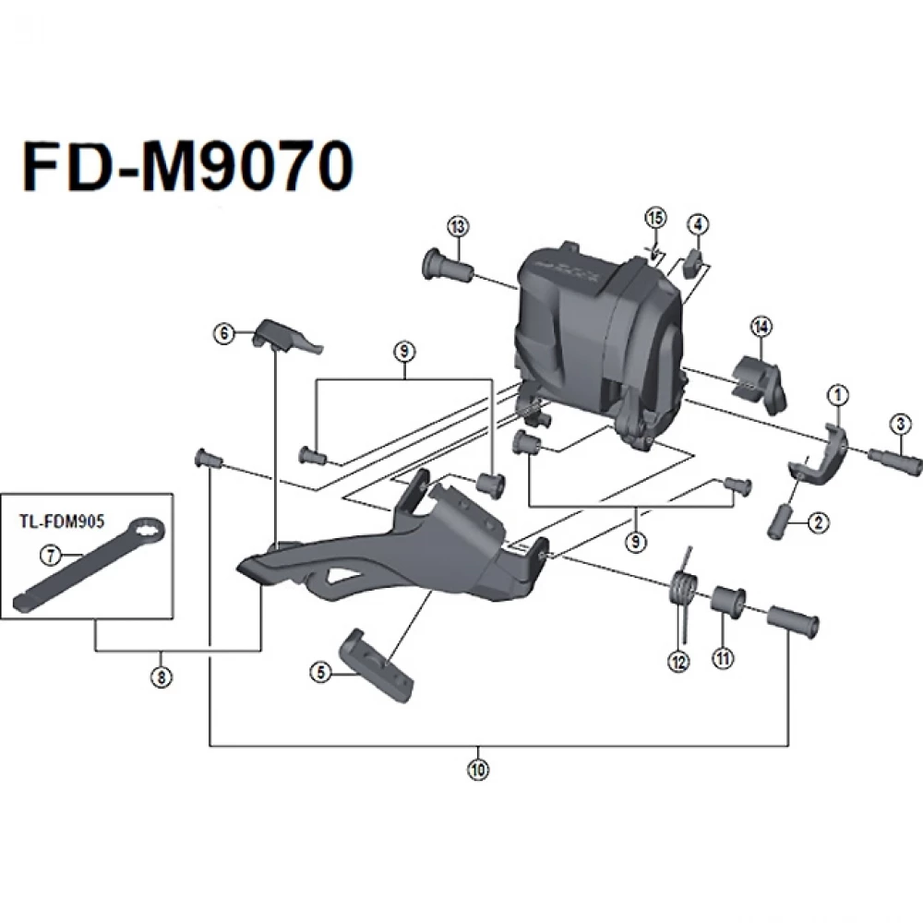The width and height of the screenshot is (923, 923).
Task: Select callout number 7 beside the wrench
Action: pos(50,555)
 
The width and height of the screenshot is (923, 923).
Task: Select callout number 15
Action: pos(654,219)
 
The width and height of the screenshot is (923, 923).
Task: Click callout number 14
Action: pos(761,326)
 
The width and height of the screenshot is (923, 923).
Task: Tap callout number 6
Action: pos(222,335)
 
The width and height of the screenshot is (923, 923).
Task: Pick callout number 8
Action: pos(162,677)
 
